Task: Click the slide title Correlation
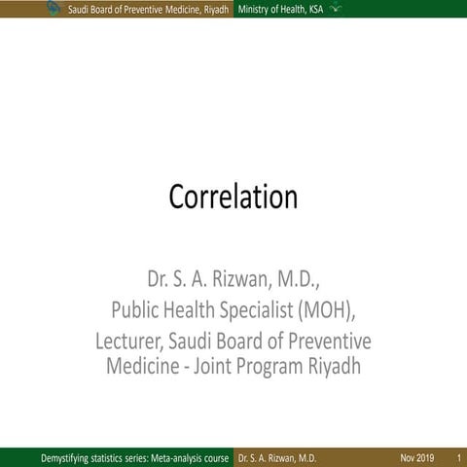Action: (x=233, y=197)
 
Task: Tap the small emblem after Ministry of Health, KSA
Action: (x=336, y=8)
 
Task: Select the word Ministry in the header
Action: (x=253, y=9)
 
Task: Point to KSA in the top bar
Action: (x=318, y=9)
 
